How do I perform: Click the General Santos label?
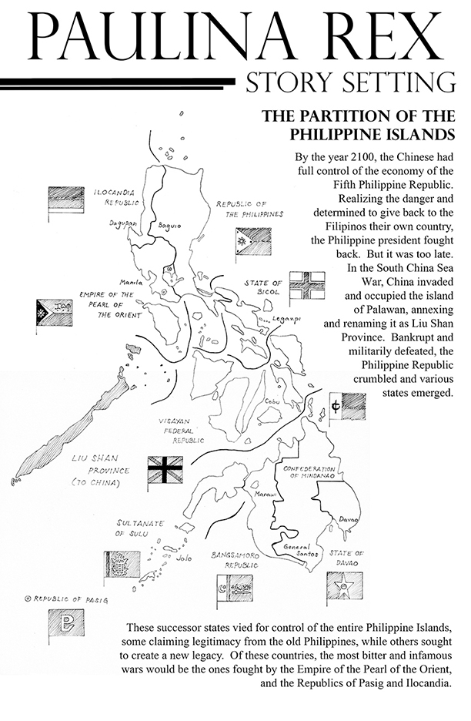[x=298, y=550]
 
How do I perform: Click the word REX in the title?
[x=382, y=36]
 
